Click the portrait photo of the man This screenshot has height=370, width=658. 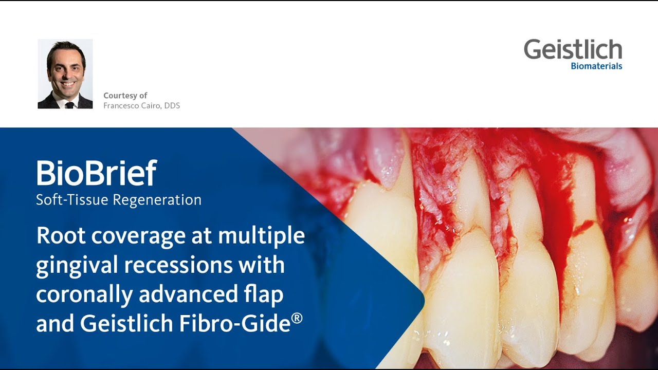click(65, 74)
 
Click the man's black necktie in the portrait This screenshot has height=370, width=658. click(69, 105)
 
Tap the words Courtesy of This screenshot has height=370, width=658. click(125, 96)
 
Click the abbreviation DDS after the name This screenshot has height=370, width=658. click(172, 106)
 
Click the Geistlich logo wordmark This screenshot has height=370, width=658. click(573, 50)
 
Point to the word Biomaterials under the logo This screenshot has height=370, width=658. click(596, 66)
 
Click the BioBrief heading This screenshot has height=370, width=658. click(96, 173)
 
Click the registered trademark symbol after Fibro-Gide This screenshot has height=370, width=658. click(297, 318)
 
